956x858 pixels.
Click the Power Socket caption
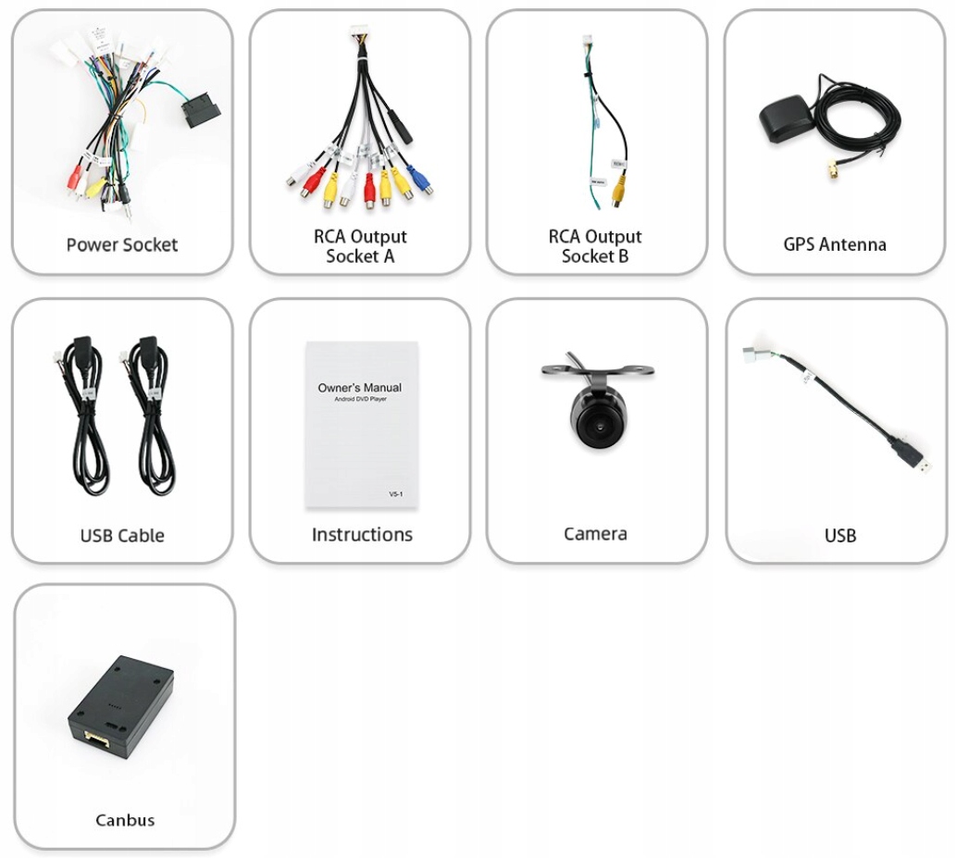click(x=121, y=245)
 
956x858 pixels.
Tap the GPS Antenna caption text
click(x=834, y=245)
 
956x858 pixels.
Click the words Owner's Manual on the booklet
click(x=360, y=388)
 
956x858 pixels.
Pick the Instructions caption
click(x=362, y=535)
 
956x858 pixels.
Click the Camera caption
click(x=595, y=534)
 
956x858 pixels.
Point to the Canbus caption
click(x=125, y=820)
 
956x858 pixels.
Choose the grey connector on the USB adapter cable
click(x=755, y=356)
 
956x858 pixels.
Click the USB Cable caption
click(x=122, y=536)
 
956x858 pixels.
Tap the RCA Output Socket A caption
click(x=360, y=246)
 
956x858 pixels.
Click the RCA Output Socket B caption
click(x=595, y=246)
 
